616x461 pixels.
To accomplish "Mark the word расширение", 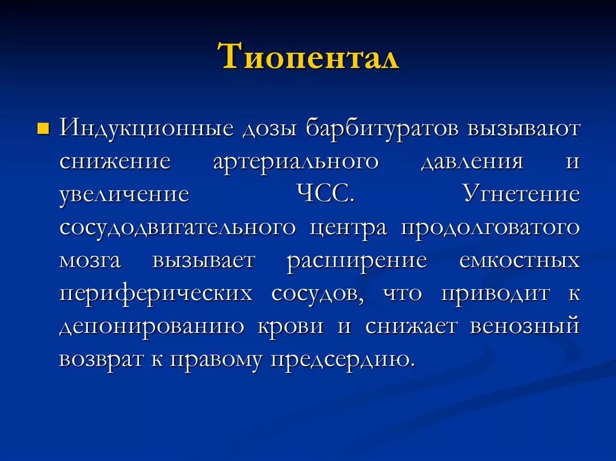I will point(357,261).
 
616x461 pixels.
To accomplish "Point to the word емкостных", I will point(519,261).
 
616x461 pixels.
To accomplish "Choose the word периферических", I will point(156,294).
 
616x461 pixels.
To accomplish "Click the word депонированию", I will point(152,326).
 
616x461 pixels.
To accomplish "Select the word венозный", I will point(525,326).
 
